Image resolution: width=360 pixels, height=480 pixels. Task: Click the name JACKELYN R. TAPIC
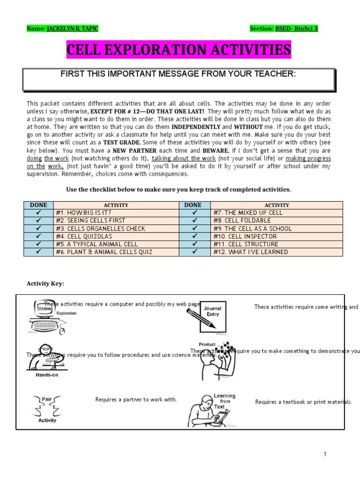73,29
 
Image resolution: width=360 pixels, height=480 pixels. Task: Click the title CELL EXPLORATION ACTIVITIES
179,50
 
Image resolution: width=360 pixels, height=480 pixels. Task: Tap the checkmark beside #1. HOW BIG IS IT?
39,213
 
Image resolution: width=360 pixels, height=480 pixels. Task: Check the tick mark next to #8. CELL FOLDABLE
193,221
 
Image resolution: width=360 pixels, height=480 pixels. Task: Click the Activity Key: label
45,284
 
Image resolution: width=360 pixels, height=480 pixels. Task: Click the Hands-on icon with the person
47,359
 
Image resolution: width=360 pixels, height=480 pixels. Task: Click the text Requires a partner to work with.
136,400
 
